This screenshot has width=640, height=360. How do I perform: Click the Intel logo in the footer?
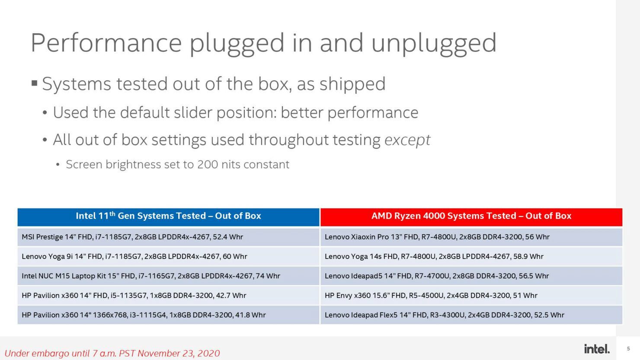click(x=597, y=349)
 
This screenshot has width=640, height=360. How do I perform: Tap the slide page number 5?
click(x=628, y=349)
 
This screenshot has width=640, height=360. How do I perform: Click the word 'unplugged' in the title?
click(x=434, y=44)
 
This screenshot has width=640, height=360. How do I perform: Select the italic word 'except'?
click(x=407, y=140)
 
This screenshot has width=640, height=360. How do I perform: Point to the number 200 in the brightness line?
click(x=208, y=164)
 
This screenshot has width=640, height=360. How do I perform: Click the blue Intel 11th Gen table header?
click(x=168, y=217)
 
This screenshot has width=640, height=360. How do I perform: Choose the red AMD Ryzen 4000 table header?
click(x=471, y=217)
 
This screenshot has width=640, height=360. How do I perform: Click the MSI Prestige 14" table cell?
click(x=168, y=237)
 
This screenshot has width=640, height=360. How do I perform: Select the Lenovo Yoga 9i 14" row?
click(x=168, y=256)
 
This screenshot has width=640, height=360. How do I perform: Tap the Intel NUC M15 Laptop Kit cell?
click(x=168, y=276)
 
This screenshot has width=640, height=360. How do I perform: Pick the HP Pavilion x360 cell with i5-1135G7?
click(x=168, y=296)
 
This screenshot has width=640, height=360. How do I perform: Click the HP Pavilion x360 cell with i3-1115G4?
click(x=168, y=315)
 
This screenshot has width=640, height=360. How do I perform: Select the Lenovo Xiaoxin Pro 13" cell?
click(x=471, y=237)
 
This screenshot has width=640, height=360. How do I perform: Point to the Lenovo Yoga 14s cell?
click(x=471, y=256)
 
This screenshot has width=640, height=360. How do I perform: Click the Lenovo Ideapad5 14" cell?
click(x=471, y=276)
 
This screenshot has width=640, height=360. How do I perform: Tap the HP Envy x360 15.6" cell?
click(x=471, y=296)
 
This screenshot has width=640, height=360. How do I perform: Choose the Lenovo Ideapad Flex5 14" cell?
click(x=471, y=315)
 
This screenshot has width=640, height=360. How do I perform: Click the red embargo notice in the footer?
click(x=112, y=354)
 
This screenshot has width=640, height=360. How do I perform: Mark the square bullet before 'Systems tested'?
click(x=35, y=83)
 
